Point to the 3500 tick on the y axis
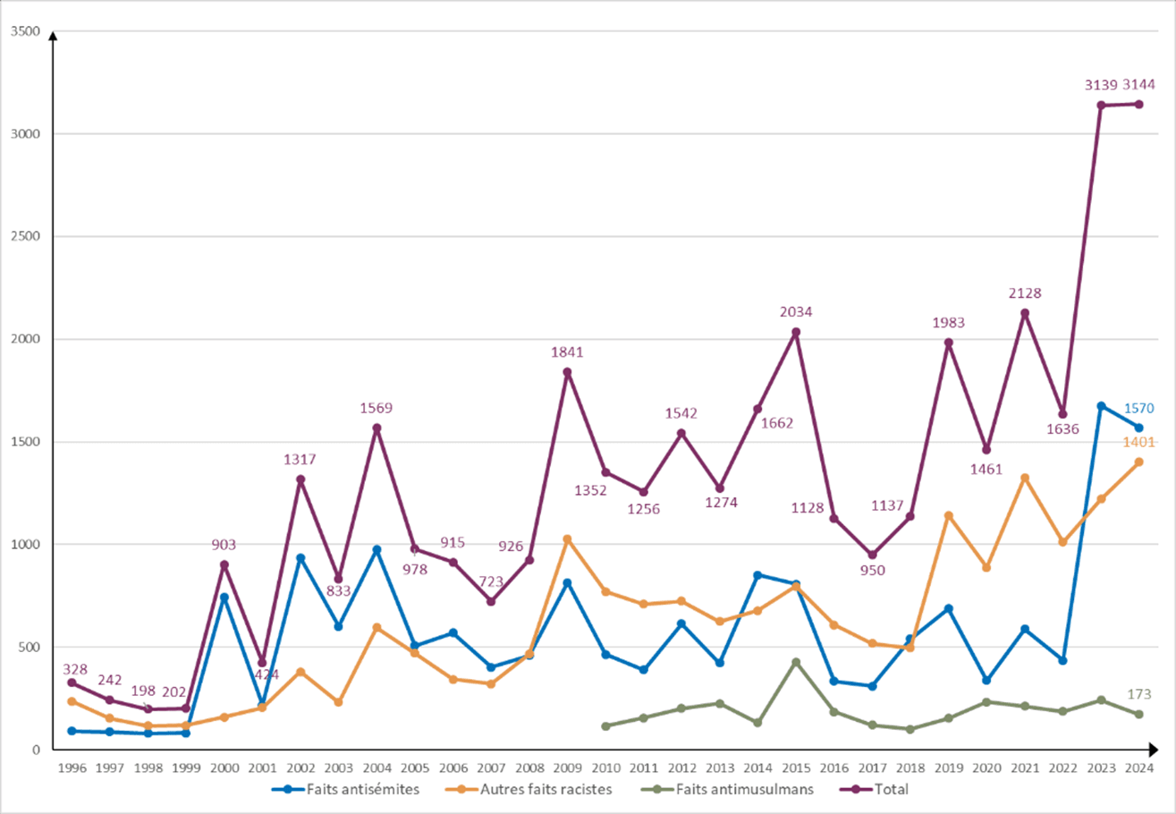(27, 32)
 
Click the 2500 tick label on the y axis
(27, 237)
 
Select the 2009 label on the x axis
(567, 767)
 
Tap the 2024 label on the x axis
(1139, 767)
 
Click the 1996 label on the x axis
(72, 767)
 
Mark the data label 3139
(1100, 85)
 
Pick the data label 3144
(1139, 85)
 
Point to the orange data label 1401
(1139, 442)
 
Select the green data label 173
(1139, 694)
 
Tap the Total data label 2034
(796, 311)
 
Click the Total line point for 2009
(567, 372)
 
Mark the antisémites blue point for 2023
(1101, 406)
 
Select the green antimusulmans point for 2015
(796, 662)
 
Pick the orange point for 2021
(1025, 478)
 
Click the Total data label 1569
(376, 408)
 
